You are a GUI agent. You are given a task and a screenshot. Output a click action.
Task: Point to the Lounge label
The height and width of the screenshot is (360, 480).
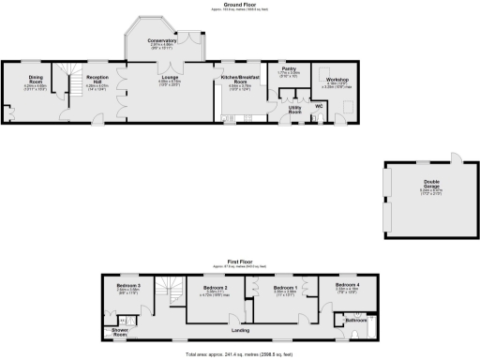[x=170, y=78]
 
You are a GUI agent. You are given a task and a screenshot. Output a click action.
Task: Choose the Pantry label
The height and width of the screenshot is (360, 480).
[x=289, y=69]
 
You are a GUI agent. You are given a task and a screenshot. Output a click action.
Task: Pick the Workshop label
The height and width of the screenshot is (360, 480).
[x=337, y=81]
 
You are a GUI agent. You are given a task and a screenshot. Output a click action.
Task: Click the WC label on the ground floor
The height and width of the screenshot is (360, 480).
[x=320, y=106]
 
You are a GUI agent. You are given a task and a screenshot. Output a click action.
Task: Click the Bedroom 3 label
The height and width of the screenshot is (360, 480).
[x=128, y=285]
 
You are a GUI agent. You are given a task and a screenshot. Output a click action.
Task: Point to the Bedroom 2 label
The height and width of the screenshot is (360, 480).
[x=217, y=285]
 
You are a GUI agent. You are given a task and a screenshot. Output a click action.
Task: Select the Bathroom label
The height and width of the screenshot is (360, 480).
[x=355, y=320]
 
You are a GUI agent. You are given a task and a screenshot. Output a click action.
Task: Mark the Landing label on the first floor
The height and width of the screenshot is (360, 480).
[x=240, y=329]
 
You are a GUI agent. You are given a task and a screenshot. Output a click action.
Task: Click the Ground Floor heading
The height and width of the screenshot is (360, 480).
[x=240, y=5]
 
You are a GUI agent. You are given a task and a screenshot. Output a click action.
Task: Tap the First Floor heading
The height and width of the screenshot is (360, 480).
[x=240, y=262]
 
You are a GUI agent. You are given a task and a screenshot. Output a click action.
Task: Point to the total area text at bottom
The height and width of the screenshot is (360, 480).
[x=240, y=354]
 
